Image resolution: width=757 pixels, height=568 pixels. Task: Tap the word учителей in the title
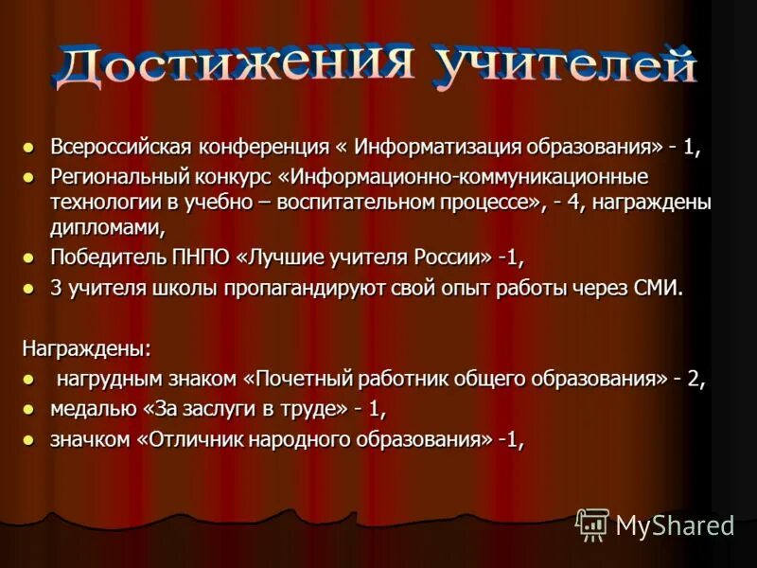click(566, 65)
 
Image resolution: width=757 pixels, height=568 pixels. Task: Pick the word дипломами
click(106, 226)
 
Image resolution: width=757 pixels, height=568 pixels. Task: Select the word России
click(449, 257)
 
